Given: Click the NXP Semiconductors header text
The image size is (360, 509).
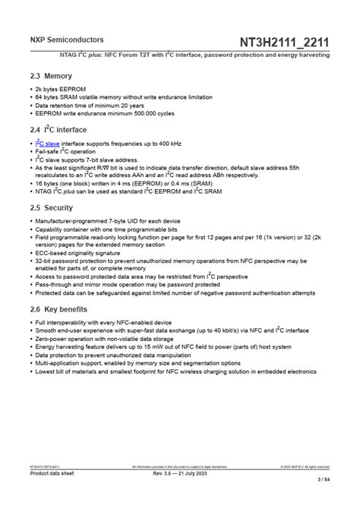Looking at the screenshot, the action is click(x=56, y=40).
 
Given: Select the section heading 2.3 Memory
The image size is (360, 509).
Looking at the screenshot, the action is click(x=51, y=76).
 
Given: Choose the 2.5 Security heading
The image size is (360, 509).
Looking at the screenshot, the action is click(x=52, y=207).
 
